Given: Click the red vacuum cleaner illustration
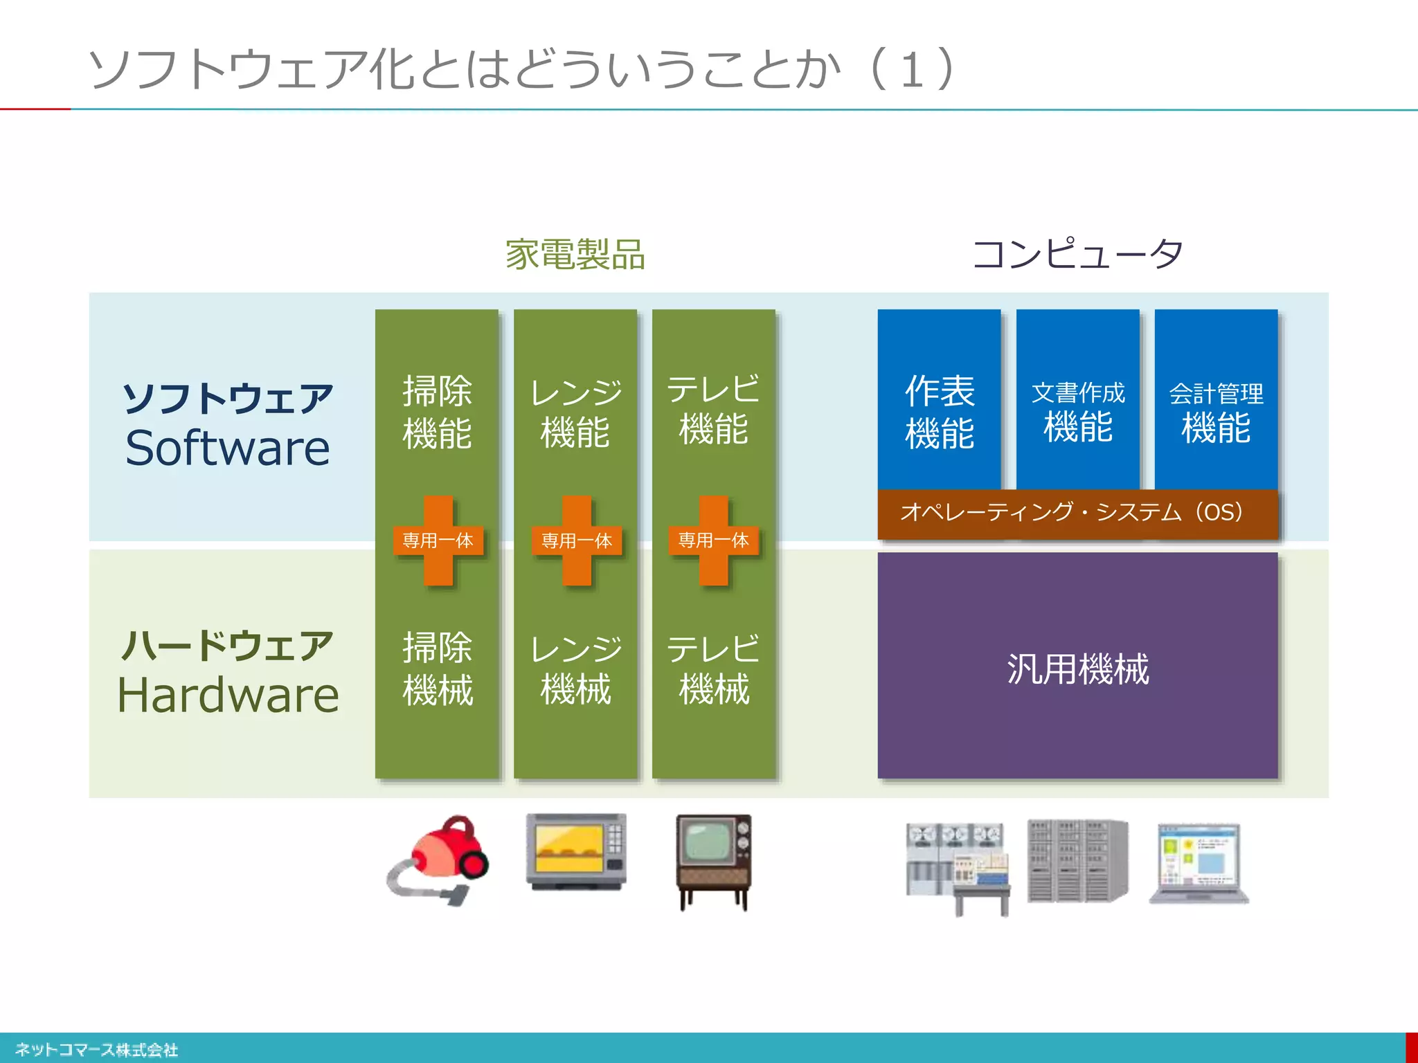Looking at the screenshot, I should coord(439,859).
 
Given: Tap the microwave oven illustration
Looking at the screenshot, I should coord(576,852).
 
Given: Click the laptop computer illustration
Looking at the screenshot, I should coord(1199,864).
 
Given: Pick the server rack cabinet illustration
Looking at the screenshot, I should coord(1077,861).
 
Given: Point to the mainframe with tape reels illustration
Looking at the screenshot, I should coord(958,868).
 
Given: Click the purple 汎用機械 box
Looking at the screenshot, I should coord(1077,667).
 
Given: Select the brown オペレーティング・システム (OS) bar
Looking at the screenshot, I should coord(1077,513).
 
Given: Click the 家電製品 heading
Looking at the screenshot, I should coord(575,254).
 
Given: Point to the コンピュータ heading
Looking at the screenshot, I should coord(1077,253).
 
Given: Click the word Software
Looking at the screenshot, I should coord(227,448).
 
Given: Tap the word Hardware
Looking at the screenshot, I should coord(227,695).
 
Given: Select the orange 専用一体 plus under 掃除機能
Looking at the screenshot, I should coord(438,540).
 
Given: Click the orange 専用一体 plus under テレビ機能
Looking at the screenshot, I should coord(713,540).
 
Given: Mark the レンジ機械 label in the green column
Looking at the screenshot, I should coord(575,669).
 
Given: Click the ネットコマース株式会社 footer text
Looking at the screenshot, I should coord(96,1049).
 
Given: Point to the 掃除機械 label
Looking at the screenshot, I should coord(438,669).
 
